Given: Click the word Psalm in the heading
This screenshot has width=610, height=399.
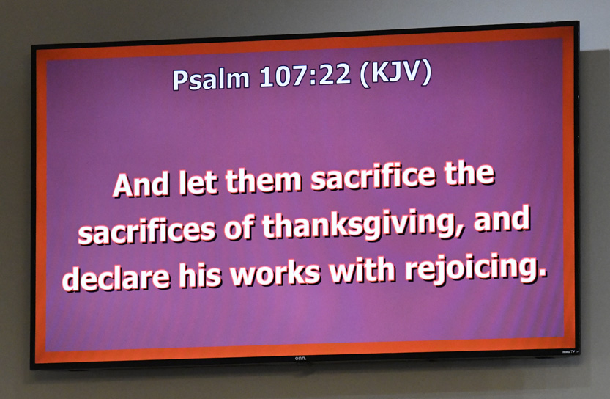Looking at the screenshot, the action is (210, 79).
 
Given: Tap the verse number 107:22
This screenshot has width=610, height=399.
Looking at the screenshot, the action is (305, 75).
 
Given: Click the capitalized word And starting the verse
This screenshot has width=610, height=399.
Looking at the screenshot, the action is (141, 184).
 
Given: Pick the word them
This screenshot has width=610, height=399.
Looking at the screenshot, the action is (264, 180).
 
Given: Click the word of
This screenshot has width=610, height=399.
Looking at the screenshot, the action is (239, 227).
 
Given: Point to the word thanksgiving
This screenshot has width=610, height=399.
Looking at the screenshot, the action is (358, 224).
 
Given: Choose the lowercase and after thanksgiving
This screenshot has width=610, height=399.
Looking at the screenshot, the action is (502, 219).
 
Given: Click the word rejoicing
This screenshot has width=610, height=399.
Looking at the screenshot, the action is (474, 268).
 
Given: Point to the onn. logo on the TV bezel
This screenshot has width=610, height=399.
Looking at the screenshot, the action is (300, 358).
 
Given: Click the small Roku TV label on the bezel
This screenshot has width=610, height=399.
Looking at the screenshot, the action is (568, 352).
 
